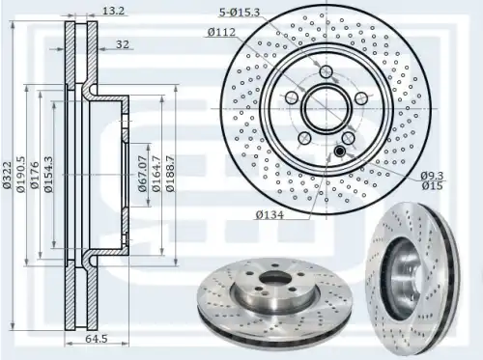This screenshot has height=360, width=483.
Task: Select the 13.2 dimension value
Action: point(113,11)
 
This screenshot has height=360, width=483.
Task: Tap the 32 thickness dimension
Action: point(123,44)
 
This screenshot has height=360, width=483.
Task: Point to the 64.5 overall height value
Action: point(97,339)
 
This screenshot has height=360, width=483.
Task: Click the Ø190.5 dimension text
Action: point(21,174)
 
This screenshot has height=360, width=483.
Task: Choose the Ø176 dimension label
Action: point(35,175)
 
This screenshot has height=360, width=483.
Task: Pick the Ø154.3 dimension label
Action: point(48,174)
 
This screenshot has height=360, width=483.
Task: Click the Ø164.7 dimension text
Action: point(156,174)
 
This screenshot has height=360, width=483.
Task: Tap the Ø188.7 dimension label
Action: point(170,174)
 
